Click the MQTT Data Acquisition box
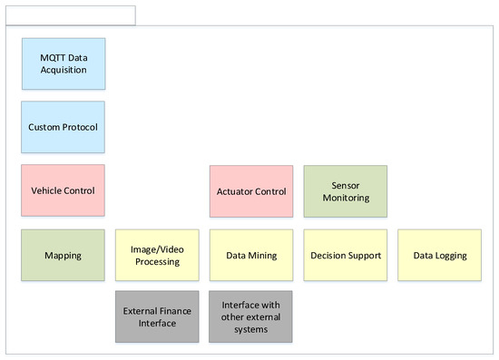(x=63, y=64)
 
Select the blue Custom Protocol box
(x=63, y=127)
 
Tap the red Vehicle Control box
(x=63, y=190)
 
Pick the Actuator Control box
(x=251, y=191)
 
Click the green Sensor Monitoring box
(x=345, y=191)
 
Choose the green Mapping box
(x=63, y=255)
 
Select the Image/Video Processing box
(x=157, y=255)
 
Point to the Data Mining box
(x=251, y=255)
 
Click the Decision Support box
(x=345, y=255)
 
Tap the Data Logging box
(x=439, y=255)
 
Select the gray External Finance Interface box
(x=157, y=316)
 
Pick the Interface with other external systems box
(x=251, y=316)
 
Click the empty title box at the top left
(x=71, y=15)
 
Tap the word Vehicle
(x=47, y=191)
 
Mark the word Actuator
(x=236, y=192)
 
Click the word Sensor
(x=345, y=185)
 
